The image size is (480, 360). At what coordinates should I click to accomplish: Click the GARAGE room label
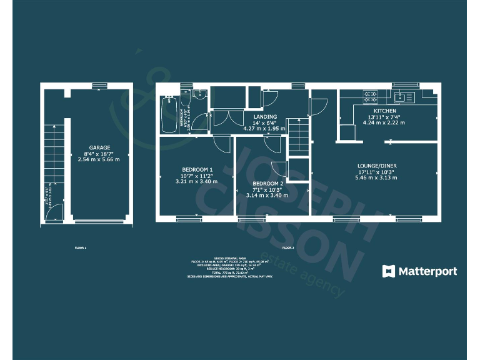(99, 147)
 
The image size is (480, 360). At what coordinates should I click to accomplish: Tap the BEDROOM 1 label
(197, 169)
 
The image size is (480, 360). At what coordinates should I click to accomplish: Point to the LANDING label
(266, 117)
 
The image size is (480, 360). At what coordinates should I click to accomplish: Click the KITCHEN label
(386, 110)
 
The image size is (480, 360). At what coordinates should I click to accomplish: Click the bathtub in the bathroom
(169, 113)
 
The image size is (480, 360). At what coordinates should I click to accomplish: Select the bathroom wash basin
(197, 94)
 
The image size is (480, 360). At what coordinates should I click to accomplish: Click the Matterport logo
(419, 271)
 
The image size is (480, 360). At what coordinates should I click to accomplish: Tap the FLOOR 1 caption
(81, 248)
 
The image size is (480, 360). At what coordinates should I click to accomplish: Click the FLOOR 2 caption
(287, 248)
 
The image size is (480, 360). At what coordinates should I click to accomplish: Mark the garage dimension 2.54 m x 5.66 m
(99, 159)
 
